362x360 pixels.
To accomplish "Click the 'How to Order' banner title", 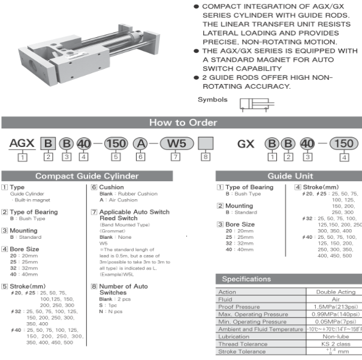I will click(183, 123).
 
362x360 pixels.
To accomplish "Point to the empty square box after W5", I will click(206, 144).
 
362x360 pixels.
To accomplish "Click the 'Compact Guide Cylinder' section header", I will click(87, 176).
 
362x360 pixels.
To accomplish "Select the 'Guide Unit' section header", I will click(289, 176).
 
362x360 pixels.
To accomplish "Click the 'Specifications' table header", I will click(246, 279).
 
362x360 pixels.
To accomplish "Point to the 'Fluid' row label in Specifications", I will click(226, 299).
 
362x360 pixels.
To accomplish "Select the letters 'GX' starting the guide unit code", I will click(246, 144).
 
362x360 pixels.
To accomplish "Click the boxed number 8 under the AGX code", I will click(206, 157).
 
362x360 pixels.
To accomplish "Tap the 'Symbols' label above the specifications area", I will click(213, 99).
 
